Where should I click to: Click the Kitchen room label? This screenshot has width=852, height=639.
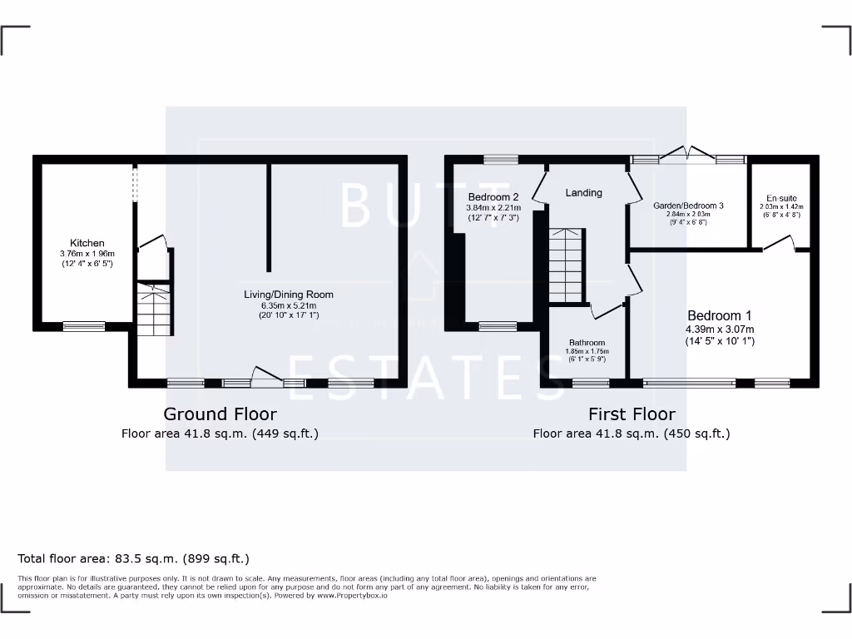point(87,243)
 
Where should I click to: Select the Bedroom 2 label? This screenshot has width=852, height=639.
point(493,197)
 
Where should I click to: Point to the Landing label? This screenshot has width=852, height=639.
point(583,193)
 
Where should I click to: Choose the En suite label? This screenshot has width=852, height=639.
point(781,199)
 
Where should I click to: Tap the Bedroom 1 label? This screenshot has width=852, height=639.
point(720,316)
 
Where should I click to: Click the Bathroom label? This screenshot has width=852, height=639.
point(587,343)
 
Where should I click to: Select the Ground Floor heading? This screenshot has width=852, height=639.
point(220,414)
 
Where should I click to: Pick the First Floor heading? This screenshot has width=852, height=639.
point(632,414)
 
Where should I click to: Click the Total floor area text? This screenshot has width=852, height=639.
point(133,559)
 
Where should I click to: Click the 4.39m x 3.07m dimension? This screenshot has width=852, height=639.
point(720,329)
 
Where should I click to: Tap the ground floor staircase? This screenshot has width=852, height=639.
point(154,308)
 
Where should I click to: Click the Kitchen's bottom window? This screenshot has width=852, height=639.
point(84,326)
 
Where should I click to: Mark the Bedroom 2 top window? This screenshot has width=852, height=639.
point(500,159)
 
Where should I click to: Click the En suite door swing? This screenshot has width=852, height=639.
point(780,242)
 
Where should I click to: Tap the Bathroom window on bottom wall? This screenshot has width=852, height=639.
point(590,383)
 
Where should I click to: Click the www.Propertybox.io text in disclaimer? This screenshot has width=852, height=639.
point(352,596)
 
